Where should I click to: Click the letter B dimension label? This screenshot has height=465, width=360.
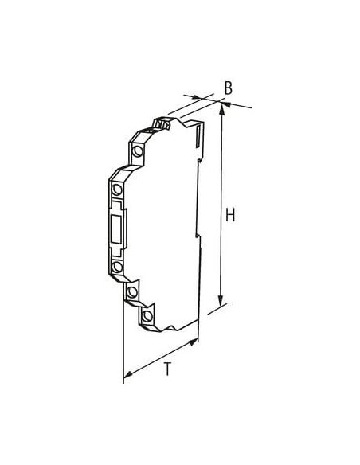point(228,88)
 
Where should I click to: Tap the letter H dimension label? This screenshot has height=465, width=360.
point(230,215)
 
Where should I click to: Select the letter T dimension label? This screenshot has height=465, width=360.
point(167,369)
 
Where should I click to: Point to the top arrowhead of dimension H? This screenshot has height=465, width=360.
point(221,109)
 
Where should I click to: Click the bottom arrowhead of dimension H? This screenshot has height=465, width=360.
point(221,301)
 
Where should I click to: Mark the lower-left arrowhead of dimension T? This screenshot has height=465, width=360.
point(128,374)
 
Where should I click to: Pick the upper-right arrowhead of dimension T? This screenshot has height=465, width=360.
point(193,342)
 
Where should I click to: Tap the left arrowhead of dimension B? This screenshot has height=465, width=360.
point(197,97)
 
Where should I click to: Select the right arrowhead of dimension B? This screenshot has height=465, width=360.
point(226,104)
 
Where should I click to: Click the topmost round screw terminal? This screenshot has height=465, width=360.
point(137,151)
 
